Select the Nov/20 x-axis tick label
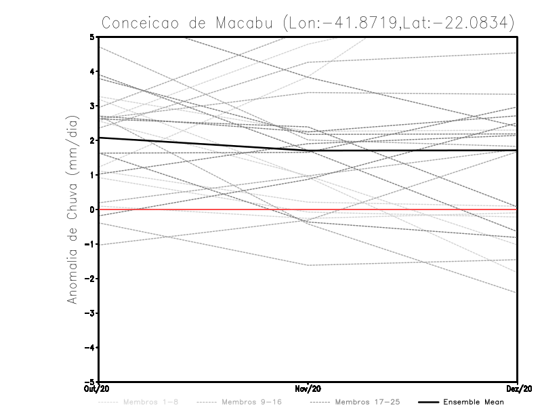[308, 388]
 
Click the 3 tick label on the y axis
[91, 106]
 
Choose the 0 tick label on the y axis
[91, 209]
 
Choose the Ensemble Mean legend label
[474, 402]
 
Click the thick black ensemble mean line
[203, 144]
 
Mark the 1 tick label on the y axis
[91, 175]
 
